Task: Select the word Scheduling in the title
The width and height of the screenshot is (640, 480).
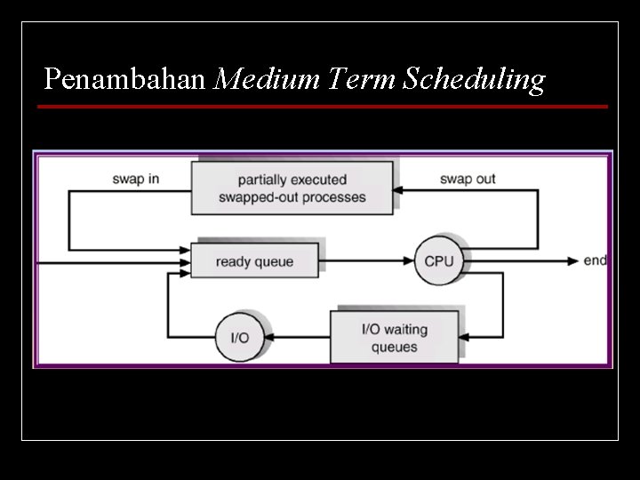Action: [474, 81]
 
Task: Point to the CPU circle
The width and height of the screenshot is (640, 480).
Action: [439, 261]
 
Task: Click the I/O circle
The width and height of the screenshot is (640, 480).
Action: [240, 337]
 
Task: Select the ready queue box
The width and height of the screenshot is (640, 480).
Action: [254, 261]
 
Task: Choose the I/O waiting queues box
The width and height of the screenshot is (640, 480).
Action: [395, 337]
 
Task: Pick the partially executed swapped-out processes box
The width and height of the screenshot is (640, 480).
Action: [292, 188]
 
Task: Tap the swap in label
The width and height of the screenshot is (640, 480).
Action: [136, 179]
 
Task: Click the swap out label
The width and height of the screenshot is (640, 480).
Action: [468, 179]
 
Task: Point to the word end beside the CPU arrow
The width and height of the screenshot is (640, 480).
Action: [595, 260]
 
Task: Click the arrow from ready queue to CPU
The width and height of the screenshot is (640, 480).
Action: [366, 261]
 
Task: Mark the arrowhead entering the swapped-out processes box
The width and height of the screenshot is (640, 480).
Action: [399, 189]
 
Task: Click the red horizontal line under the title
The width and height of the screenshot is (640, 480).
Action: [322, 107]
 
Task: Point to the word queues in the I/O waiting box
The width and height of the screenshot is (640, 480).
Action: [394, 347]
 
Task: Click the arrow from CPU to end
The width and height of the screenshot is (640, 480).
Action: [524, 261]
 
